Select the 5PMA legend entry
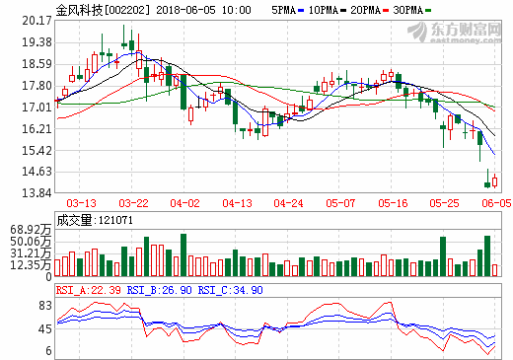click(x=284, y=9)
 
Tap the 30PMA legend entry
click(x=426, y=9)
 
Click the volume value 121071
click(x=110, y=221)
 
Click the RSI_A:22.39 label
click(x=89, y=290)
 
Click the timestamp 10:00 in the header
click(x=236, y=9)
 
